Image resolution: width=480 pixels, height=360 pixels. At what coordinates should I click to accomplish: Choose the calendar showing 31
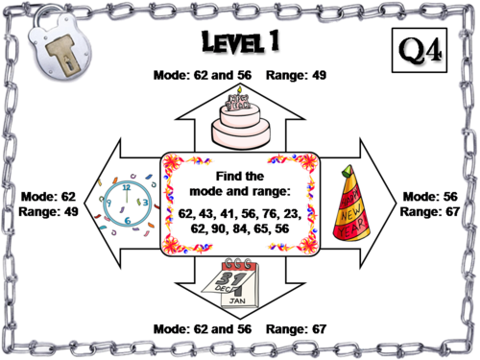tap(240, 282)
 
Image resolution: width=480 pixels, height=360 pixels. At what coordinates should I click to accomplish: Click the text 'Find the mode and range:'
tap(240, 182)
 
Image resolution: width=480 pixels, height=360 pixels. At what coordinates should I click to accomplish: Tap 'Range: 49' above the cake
tap(298, 74)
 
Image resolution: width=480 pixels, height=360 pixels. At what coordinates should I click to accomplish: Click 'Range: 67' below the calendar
tap(298, 329)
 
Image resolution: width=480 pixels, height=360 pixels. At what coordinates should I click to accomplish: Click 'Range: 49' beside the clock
tap(45, 211)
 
